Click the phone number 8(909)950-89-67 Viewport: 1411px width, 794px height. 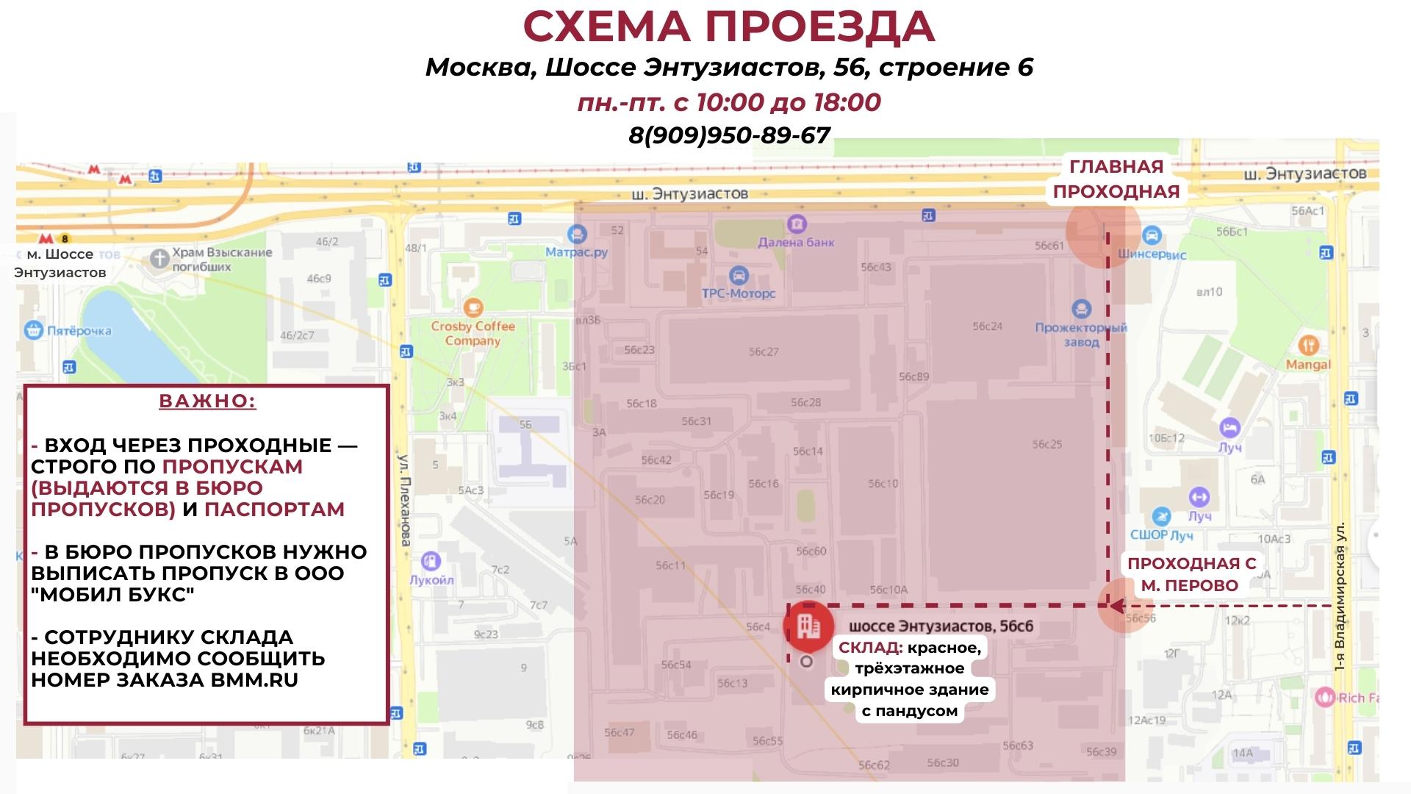tap(729, 135)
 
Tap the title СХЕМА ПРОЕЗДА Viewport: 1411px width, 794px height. tap(728, 26)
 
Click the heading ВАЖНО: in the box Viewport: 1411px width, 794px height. tap(207, 401)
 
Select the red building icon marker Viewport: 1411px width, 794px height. tap(808, 626)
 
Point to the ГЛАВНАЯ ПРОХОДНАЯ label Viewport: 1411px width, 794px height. tap(1116, 179)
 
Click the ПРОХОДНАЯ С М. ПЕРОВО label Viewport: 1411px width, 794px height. tap(1191, 574)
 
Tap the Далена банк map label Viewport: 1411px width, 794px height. tap(796, 242)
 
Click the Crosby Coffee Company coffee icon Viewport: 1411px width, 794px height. tap(473, 307)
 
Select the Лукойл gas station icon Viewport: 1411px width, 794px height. tap(431, 561)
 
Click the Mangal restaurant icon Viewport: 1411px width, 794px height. tap(1308, 344)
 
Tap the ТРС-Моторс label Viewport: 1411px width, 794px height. tap(739, 293)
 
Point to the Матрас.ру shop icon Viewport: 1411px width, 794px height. tap(578, 235)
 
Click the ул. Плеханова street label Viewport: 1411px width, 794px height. tap(403, 500)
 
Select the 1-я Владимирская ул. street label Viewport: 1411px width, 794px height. tap(1340, 596)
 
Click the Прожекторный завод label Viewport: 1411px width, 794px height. tap(1080, 335)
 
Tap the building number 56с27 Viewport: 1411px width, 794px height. tap(764, 351)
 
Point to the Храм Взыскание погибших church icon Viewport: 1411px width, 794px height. tap(159, 258)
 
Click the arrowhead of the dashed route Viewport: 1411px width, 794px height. tap(1115, 607)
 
